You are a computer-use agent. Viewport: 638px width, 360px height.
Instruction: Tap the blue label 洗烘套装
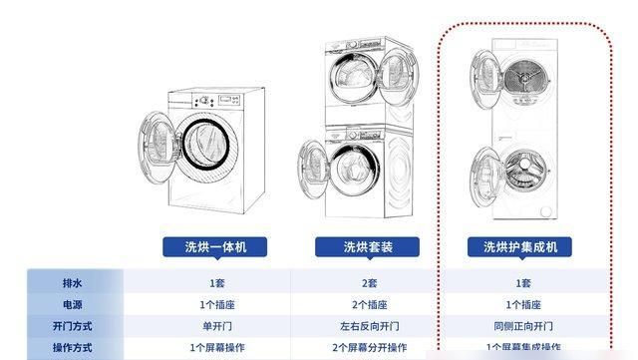(x=367, y=246)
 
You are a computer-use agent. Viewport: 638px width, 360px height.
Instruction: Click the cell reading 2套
(x=368, y=283)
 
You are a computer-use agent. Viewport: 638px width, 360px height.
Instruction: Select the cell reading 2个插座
(x=368, y=305)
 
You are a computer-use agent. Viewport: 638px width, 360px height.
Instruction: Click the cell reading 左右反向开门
(x=368, y=326)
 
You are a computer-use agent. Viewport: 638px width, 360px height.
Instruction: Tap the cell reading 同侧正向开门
(x=523, y=326)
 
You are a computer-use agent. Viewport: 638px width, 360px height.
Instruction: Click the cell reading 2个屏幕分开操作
(x=368, y=348)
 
